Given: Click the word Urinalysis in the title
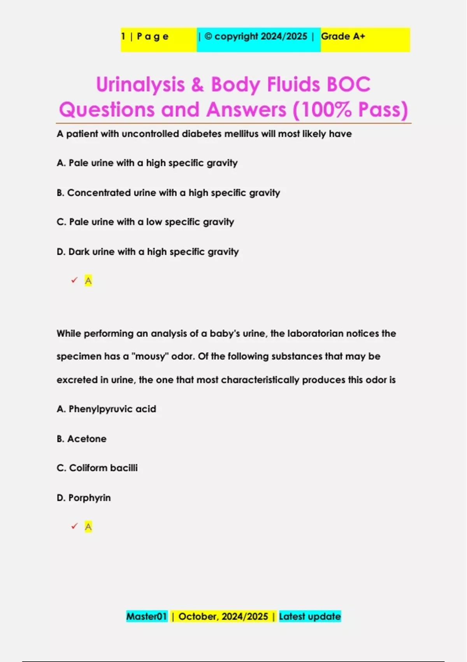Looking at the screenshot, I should pos(140,85).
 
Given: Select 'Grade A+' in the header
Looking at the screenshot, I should pos(343,36).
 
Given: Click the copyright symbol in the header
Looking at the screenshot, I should pos(208,36).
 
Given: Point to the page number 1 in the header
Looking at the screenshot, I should pos(123,36).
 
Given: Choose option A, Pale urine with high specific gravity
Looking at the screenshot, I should pos(147,163).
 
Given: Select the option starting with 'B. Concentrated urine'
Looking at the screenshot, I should pos(168,193).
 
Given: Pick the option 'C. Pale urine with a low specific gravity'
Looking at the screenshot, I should pos(145,222).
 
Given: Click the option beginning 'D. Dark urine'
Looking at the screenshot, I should pos(147,252).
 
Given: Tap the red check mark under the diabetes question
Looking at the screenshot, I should pos(74,280).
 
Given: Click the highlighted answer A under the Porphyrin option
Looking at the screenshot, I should pos(88,527).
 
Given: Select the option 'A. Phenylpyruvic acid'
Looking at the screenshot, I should pos(106,409).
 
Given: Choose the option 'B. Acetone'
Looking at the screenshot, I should pos(81,439).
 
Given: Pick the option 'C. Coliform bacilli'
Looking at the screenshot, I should pos(97,468).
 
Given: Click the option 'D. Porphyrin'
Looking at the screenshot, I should pos(84,498).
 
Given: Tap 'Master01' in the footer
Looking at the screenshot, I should pos(146,616).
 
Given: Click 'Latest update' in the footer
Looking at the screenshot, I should pos(310,616).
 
